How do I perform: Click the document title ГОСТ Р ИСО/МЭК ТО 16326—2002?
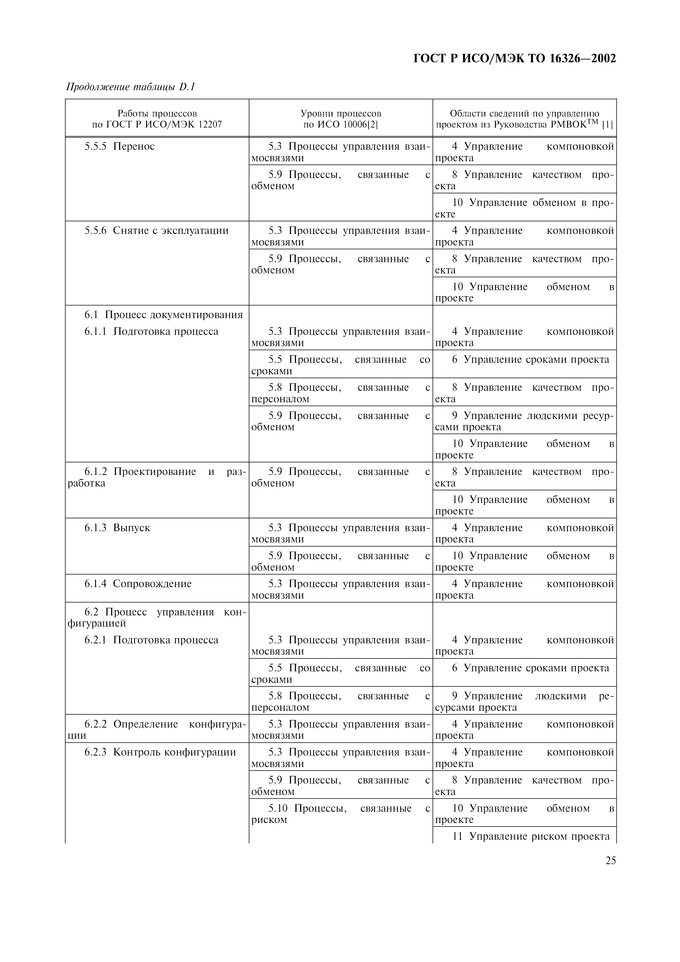[515, 58]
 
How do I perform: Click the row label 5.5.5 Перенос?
[119, 146]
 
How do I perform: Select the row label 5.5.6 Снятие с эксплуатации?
[156, 230]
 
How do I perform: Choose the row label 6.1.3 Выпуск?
[117, 528]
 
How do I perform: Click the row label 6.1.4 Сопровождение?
[138, 584]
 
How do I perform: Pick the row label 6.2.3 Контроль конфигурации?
[160, 752]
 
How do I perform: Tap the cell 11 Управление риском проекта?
[531, 836]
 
